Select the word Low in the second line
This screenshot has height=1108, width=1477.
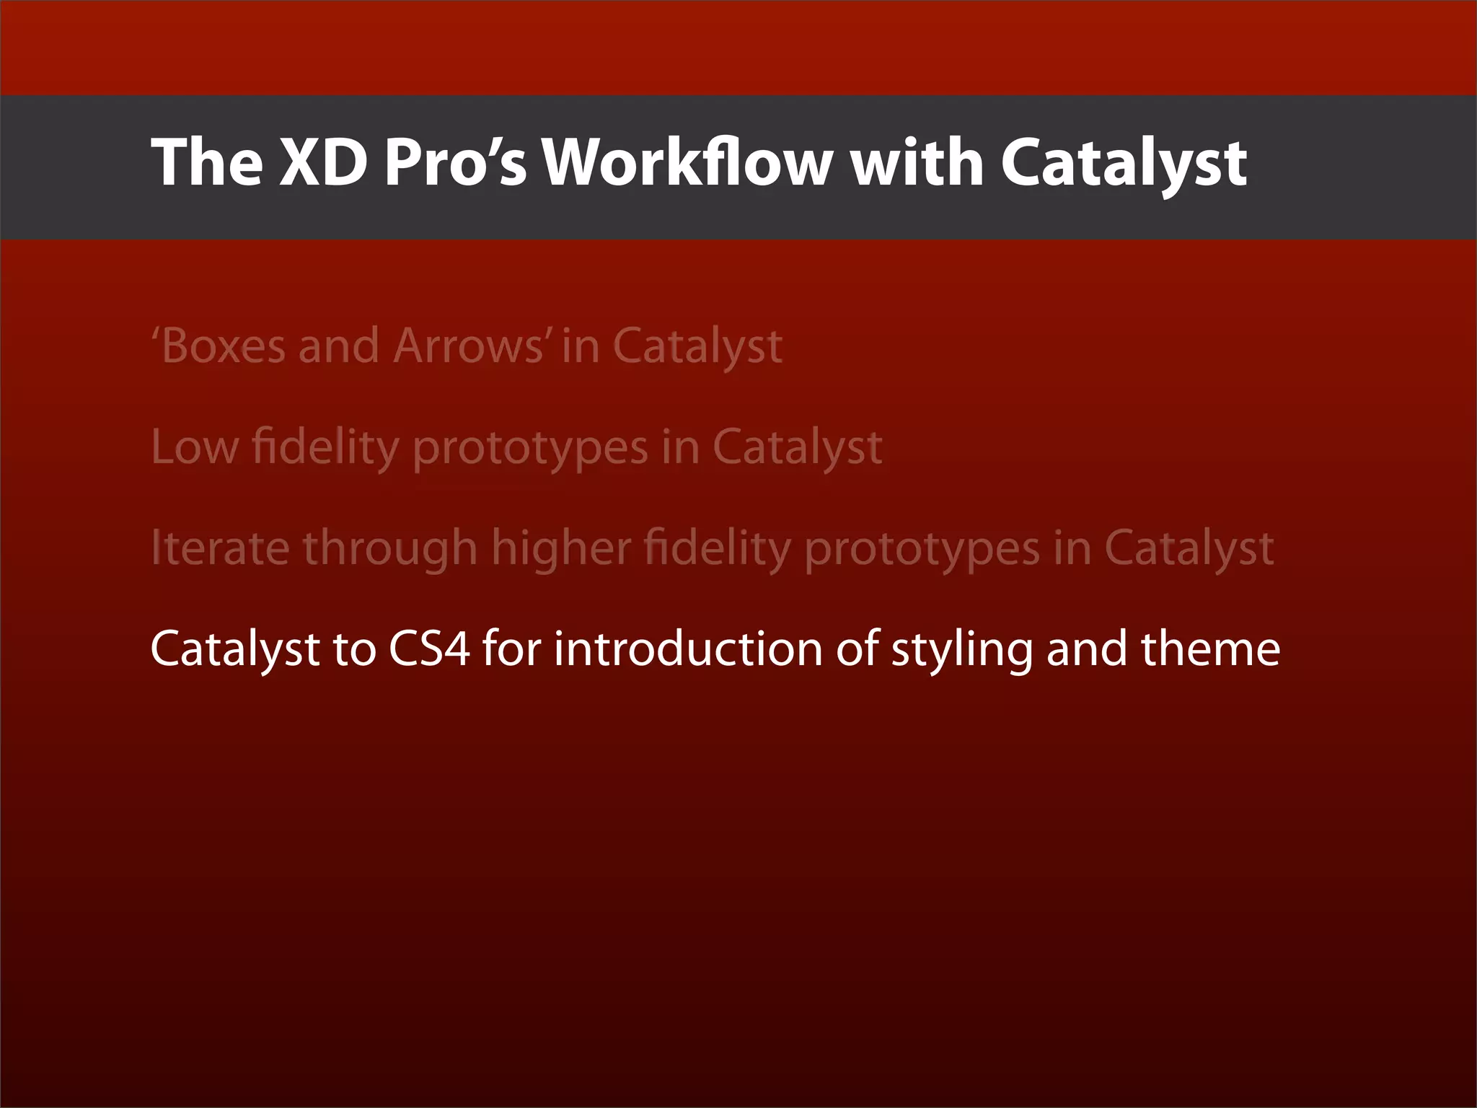(x=194, y=447)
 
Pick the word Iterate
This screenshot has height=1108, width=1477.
(x=220, y=548)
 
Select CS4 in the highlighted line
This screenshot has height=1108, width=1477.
(x=429, y=648)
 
